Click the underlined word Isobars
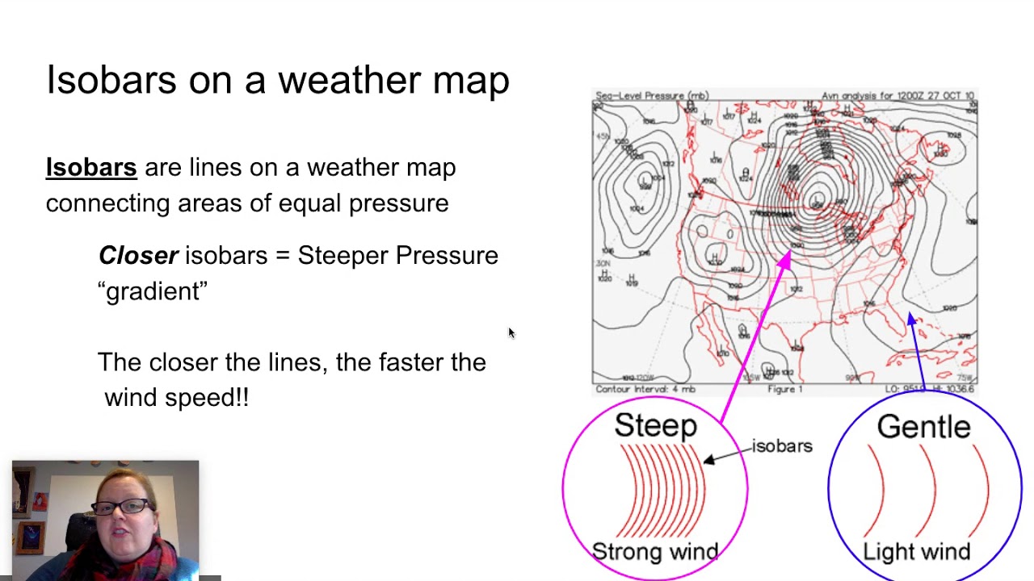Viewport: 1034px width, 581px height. (91, 168)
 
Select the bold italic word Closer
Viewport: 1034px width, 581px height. (138, 256)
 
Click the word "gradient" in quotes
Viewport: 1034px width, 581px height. (153, 291)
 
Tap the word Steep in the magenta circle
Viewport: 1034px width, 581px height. (655, 426)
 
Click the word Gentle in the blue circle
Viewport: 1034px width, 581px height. (923, 427)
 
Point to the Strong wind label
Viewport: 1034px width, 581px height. (655, 552)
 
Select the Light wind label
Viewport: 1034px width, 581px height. (917, 552)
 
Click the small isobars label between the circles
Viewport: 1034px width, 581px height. (782, 446)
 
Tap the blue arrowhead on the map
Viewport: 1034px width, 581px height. (912, 320)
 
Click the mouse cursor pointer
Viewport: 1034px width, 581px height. (511, 332)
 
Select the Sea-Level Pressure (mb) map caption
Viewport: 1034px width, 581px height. (652, 96)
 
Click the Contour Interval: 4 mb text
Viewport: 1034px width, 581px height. (645, 390)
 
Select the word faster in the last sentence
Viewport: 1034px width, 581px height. (410, 362)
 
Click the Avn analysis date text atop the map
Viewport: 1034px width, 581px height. (897, 96)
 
